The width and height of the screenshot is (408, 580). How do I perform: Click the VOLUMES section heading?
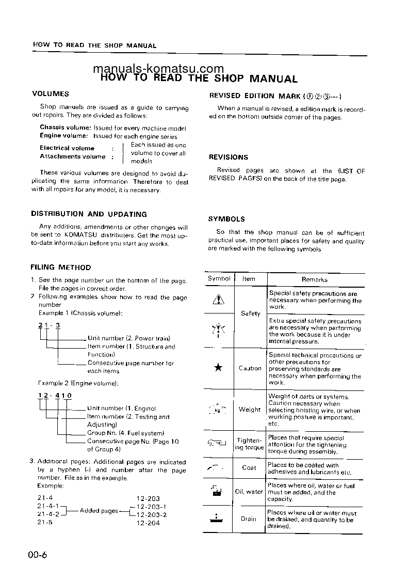[51, 94]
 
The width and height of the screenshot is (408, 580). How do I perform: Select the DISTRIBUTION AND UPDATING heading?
[89, 214]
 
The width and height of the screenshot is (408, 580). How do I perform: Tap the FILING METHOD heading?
[61, 268]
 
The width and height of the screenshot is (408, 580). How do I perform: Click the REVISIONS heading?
[228, 157]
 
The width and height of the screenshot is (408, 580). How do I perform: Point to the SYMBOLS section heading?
[226, 219]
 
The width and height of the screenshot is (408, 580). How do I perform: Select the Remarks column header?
[315, 279]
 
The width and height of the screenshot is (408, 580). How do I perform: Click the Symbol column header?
[219, 279]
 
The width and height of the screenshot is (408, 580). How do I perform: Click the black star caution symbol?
[218, 368]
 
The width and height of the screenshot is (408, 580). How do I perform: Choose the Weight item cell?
[250, 410]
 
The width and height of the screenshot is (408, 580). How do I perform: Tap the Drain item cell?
[249, 519]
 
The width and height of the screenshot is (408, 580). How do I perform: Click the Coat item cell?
[249, 467]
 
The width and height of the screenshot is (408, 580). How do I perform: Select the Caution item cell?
[250, 368]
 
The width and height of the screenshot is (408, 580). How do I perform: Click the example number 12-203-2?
[152, 514]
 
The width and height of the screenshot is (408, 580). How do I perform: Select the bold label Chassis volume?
[66, 128]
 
